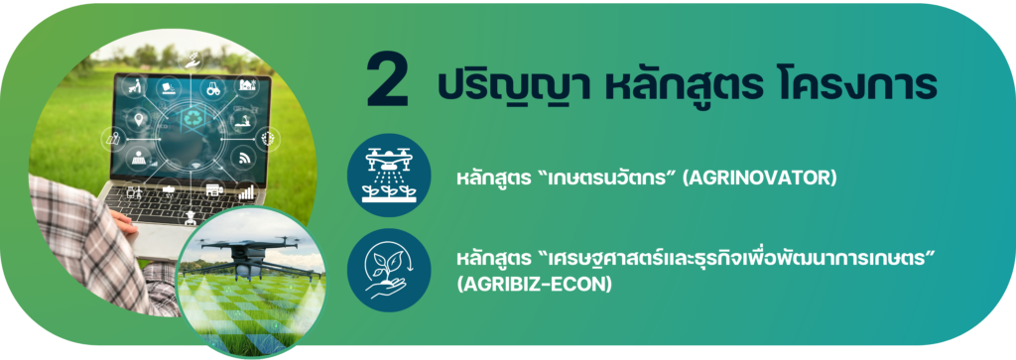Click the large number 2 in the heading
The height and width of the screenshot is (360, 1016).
(388, 81)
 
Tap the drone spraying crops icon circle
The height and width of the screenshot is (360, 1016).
(389, 176)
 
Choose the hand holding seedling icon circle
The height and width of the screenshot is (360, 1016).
(389, 271)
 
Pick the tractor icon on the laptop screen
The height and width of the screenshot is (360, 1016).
(212, 89)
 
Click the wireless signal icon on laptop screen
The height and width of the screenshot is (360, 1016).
(245, 158)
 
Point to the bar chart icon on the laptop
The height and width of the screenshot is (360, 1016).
(246, 191)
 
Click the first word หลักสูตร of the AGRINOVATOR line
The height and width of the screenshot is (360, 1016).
(489, 179)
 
